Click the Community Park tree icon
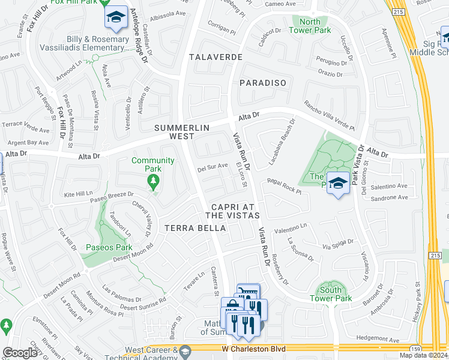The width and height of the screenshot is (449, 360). point(154,181)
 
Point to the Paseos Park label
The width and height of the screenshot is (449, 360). point(109,247)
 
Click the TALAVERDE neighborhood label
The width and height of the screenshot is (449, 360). point(215,57)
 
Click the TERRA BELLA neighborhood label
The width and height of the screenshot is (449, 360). point(195,228)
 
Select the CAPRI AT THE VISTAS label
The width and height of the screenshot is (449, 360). point(232,210)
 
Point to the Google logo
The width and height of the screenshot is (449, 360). point(20,352)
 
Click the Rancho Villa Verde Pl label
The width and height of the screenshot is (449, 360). point(330,115)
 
